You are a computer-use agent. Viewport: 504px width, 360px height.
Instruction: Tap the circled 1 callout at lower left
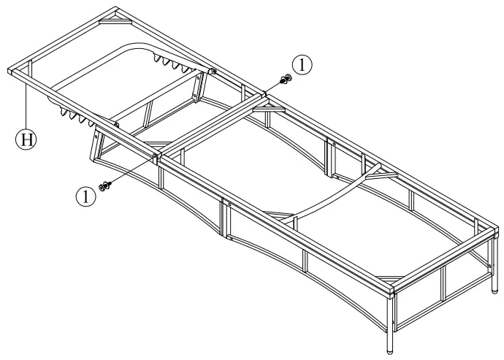(85, 194)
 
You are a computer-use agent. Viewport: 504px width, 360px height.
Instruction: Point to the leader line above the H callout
(26, 102)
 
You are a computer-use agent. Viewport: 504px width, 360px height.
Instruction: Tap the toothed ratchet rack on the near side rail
(74, 118)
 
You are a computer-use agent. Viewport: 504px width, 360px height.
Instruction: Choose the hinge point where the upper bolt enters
(264, 93)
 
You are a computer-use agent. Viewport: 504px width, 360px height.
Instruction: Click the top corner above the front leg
(395, 290)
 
